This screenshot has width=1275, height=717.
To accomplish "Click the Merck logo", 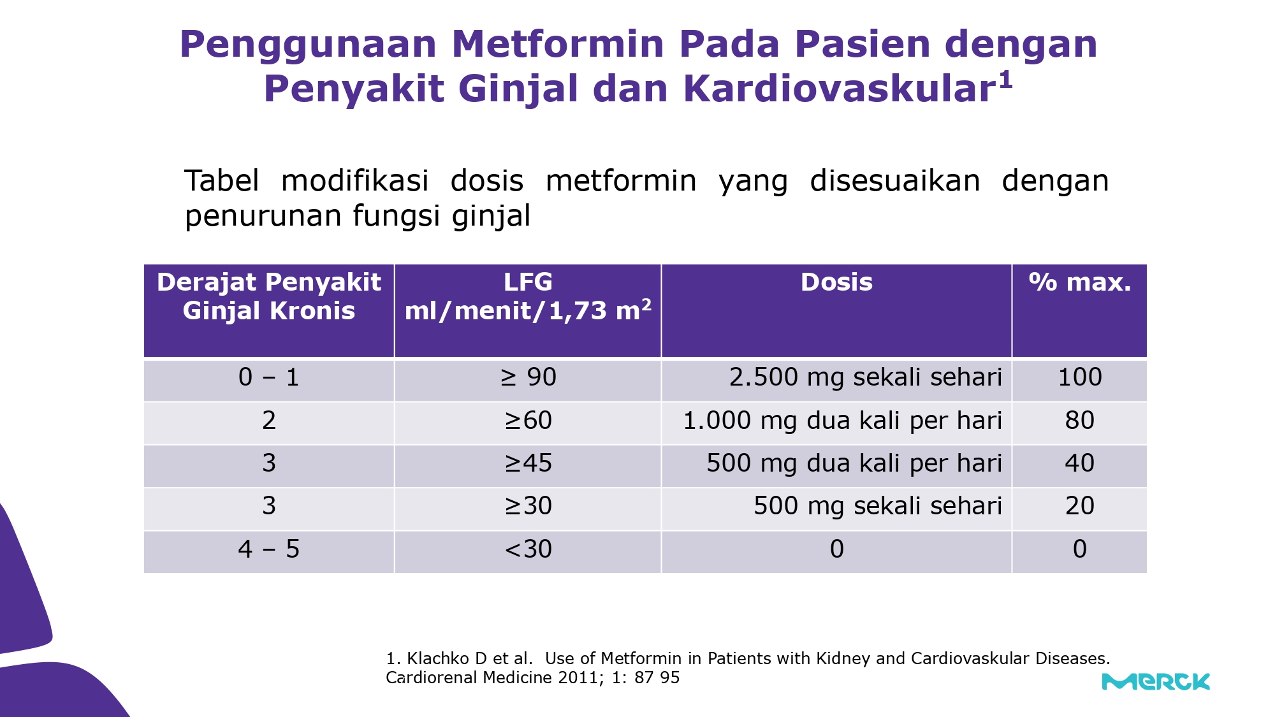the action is coord(1156,681).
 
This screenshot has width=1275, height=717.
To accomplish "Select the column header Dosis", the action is coord(836,282).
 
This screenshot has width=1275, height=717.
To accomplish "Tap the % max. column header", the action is coord(1080,282).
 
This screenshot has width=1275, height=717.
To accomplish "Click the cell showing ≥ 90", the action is coord(528,377).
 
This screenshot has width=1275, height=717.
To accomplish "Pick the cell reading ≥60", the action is coord(528,421).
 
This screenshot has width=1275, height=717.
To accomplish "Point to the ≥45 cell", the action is coord(528,463).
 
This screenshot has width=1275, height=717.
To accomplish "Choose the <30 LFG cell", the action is coord(528,549).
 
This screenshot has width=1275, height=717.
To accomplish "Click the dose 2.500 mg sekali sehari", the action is coord(866,377).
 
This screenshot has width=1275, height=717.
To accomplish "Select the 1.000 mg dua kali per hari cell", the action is coord(842,421).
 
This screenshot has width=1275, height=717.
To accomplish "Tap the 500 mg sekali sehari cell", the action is coord(878,506).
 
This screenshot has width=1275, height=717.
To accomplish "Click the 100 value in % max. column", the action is coord(1080,377).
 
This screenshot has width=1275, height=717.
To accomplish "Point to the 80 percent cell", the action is coord(1080,421).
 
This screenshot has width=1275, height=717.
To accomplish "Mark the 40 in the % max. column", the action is coord(1080,463).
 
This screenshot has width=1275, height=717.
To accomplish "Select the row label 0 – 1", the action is coord(269,377).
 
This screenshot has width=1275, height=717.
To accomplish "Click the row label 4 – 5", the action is coord(269,549).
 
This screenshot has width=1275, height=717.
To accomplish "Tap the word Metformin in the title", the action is coord(558,44).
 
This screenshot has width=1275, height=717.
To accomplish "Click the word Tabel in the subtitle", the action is coord(221,180).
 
